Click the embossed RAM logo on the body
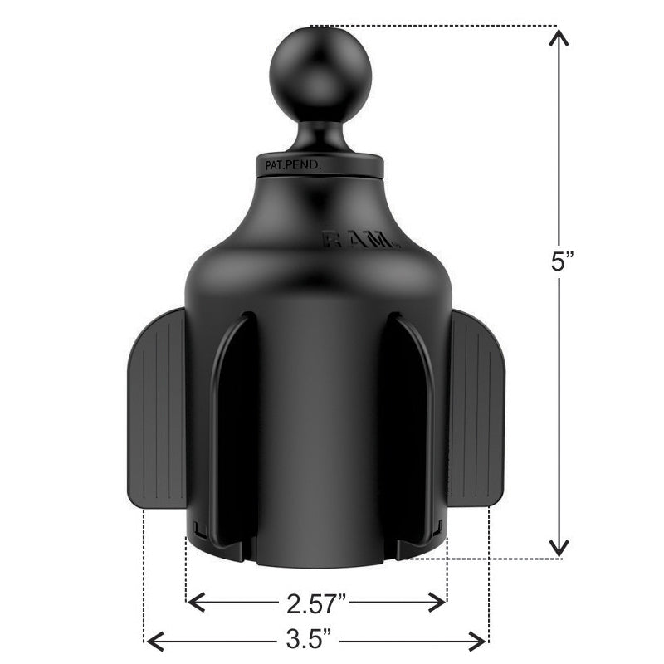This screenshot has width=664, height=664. pos(361,241)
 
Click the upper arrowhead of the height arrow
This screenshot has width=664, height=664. pos(560,37)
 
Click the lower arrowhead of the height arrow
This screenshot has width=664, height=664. pos(560,548)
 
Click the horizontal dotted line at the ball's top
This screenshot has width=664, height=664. pos(432,26)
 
